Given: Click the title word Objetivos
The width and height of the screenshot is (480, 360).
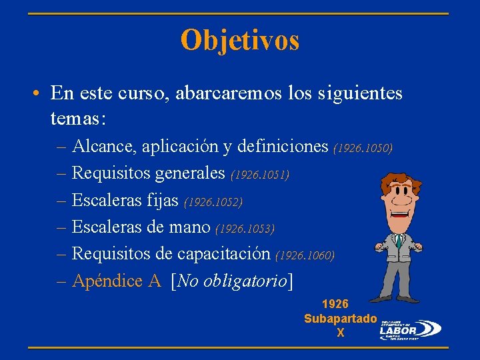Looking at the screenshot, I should (x=240, y=40).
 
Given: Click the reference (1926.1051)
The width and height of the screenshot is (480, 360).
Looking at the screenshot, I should (x=260, y=175).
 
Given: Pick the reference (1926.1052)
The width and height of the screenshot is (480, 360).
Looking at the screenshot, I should (x=213, y=201).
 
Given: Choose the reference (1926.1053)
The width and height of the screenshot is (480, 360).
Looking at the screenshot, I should (x=245, y=229).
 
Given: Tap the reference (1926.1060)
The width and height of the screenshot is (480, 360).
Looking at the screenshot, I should (x=305, y=255).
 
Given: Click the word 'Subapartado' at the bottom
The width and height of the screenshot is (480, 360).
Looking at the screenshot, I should (x=341, y=319).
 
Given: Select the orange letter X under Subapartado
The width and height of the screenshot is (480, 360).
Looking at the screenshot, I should (x=341, y=333).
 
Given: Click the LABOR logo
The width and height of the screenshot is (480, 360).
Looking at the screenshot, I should (x=409, y=328).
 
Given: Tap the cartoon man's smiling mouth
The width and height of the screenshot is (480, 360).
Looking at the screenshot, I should (x=400, y=215).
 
